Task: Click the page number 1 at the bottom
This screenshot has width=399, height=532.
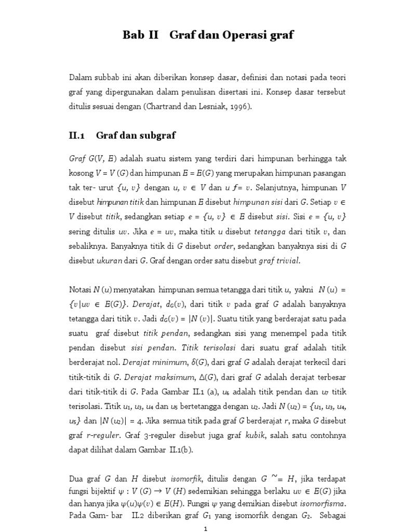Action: point(206,528)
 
